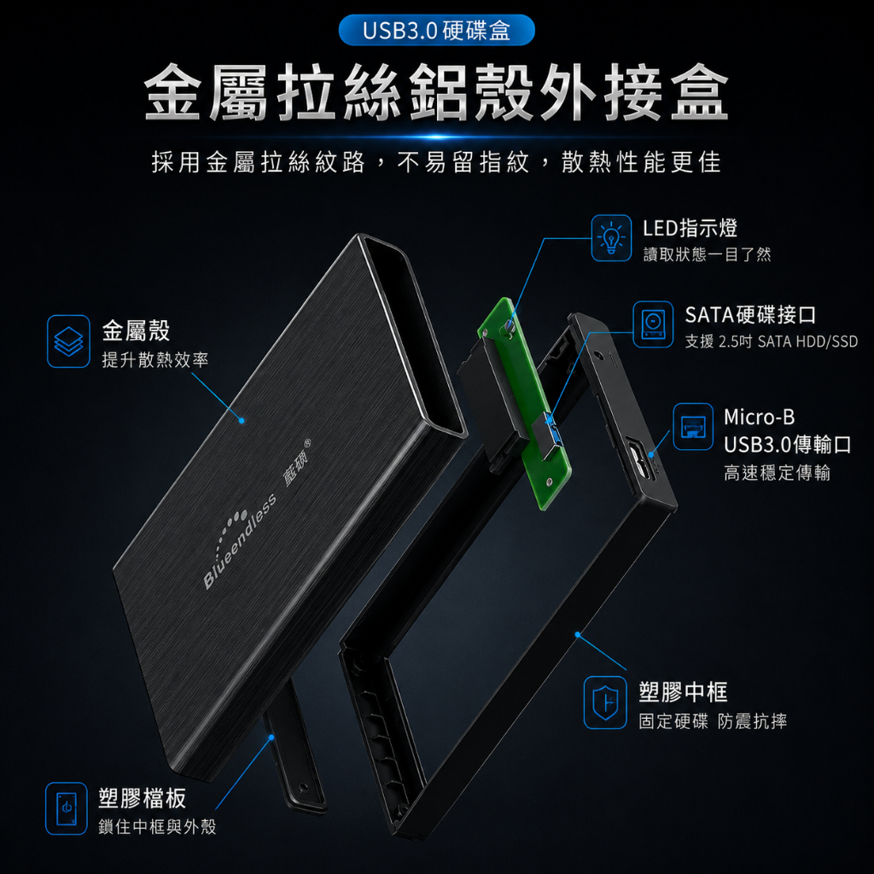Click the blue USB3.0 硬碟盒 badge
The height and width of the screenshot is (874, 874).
(436, 30)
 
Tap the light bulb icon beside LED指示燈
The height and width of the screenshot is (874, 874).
(611, 238)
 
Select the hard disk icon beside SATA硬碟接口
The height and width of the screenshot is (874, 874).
(653, 324)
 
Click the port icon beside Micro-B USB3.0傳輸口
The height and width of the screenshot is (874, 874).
(693, 427)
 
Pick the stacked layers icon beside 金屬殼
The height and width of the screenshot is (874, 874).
(68, 341)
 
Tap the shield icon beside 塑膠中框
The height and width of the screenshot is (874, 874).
(605, 702)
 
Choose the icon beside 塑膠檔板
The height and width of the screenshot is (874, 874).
(67, 808)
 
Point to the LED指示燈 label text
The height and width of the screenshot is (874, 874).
(690, 228)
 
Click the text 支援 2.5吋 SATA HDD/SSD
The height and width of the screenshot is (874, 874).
(771, 341)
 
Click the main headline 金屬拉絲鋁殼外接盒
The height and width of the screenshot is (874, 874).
(436, 92)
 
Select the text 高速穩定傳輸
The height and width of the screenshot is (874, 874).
(777, 473)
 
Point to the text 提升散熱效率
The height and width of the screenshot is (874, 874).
(155, 359)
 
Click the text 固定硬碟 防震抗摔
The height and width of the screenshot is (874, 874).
(713, 721)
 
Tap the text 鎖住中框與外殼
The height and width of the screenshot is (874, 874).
(157, 826)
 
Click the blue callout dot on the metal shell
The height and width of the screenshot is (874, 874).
(242, 420)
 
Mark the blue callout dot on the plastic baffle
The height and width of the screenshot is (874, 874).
(271, 737)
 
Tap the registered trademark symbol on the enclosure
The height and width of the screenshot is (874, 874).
(307, 444)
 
